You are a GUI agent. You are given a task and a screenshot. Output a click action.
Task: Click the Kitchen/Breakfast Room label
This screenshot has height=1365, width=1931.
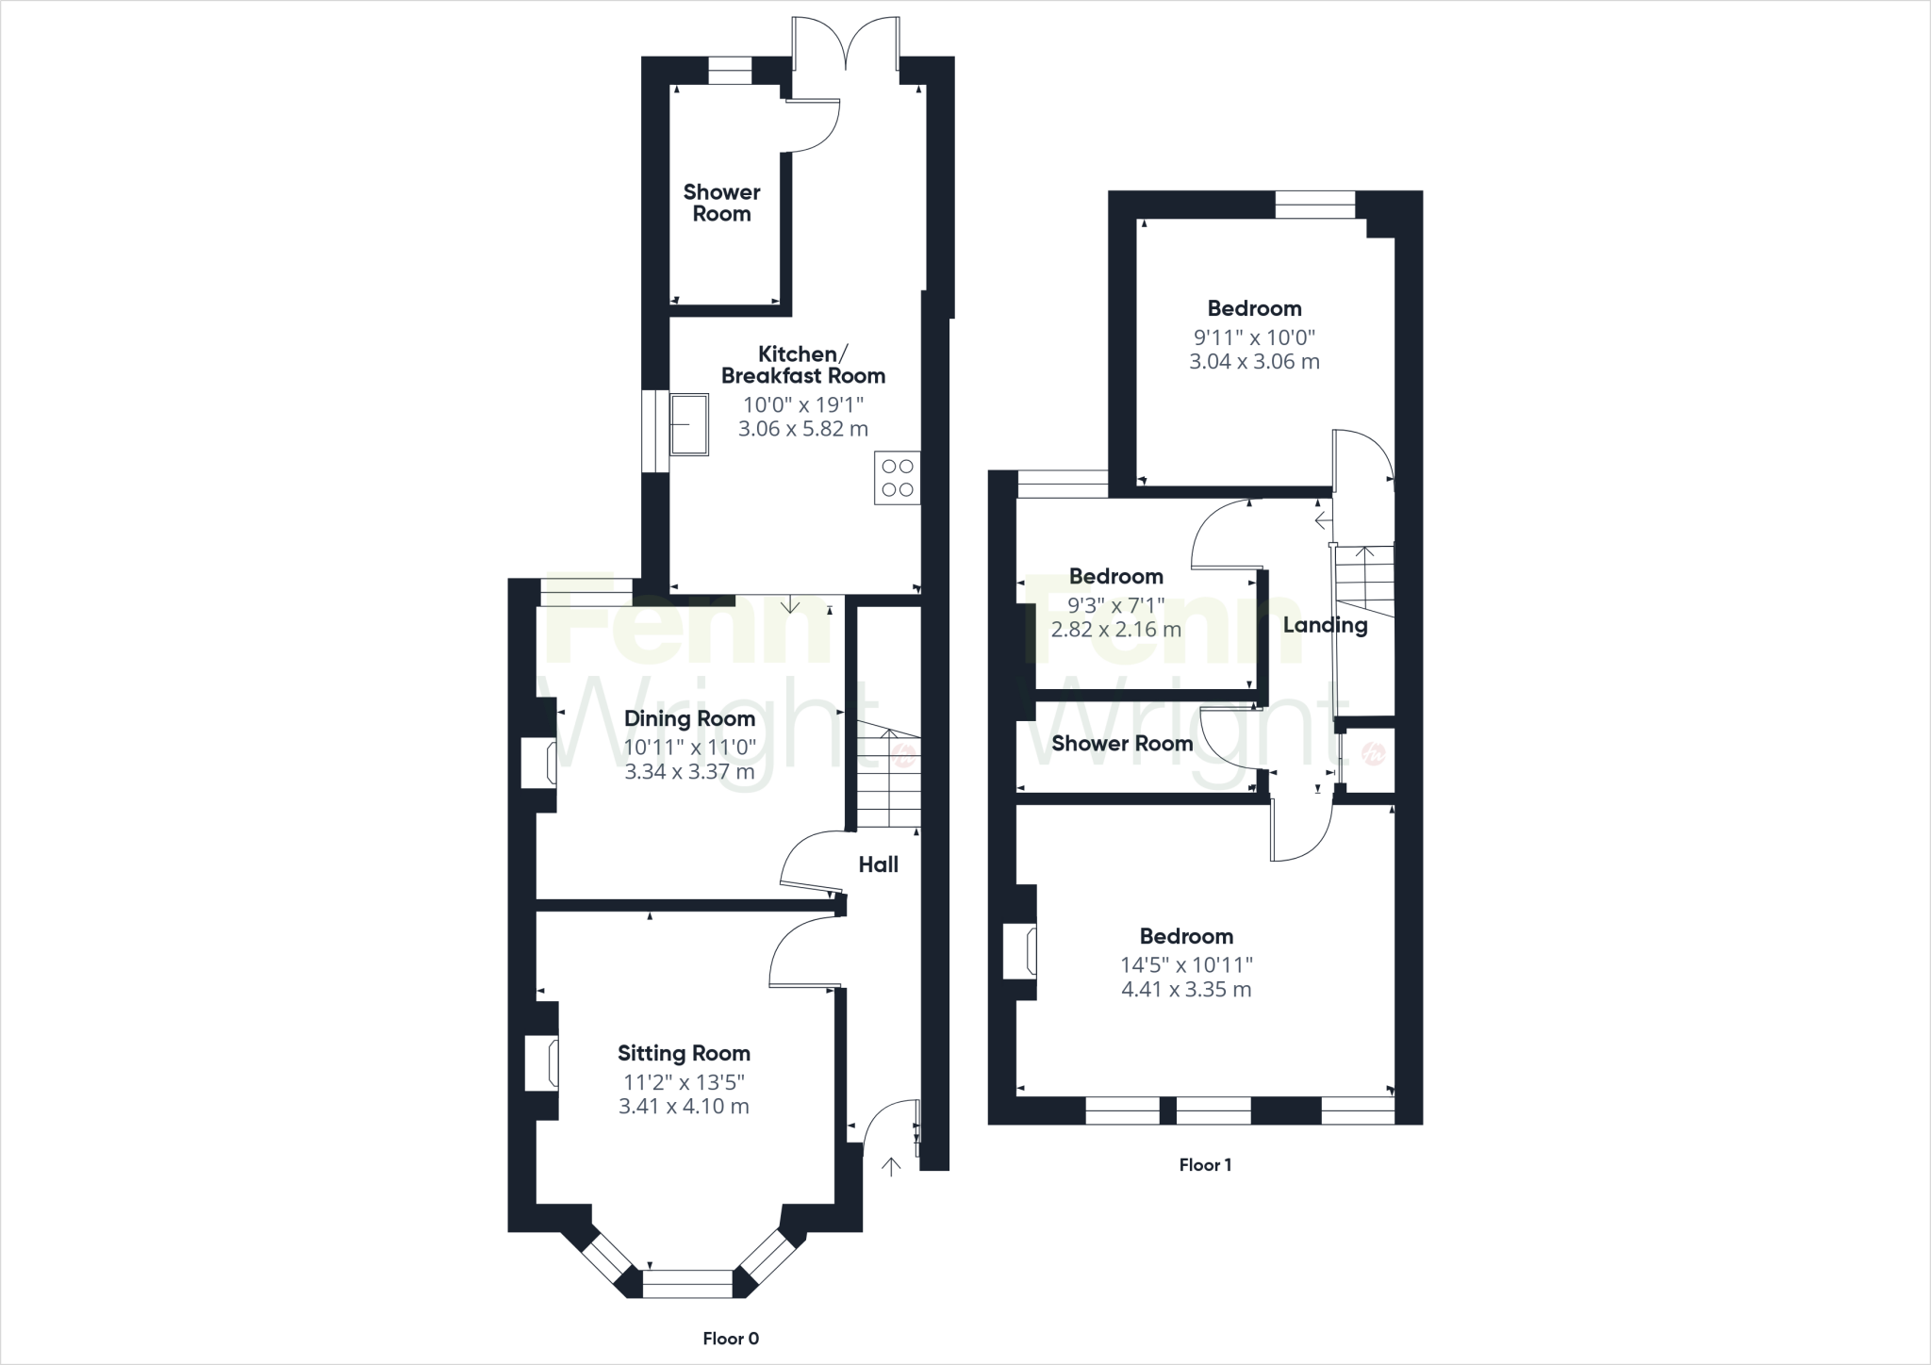802,365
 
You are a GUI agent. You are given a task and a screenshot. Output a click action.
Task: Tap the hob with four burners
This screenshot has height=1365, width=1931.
897,478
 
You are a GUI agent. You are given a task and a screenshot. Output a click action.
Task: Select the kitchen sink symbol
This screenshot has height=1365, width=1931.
689,424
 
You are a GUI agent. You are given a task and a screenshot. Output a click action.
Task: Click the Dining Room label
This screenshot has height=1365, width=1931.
689,718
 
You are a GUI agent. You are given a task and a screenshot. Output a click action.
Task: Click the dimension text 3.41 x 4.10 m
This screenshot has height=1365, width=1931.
684,1106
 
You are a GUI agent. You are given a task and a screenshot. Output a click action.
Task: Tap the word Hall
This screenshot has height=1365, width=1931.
878,864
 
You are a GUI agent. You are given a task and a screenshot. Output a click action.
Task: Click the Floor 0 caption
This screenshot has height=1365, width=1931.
731,1339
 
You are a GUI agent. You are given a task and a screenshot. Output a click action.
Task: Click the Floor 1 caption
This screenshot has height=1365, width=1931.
1205,1165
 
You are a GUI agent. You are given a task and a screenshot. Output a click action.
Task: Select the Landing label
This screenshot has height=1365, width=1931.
1325,625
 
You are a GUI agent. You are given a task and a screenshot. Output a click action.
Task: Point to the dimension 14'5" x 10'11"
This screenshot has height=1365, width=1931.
1186,964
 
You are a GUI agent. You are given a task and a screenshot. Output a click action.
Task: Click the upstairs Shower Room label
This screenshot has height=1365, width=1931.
1122,743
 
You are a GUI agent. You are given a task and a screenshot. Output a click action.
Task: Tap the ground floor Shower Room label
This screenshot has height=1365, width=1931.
721,203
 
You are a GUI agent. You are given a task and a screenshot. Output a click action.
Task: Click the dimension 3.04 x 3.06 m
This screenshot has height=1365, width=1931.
1254,361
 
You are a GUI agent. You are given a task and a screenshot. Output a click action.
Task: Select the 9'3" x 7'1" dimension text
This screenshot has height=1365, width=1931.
1115,604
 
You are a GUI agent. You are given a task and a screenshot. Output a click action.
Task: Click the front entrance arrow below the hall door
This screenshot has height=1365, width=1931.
890,1167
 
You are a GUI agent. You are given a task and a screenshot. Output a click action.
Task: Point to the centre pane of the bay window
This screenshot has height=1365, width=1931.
687,1283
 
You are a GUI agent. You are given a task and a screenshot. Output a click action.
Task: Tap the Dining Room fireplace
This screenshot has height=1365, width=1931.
537,763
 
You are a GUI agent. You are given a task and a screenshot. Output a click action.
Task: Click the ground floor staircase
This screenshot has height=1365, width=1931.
888,778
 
